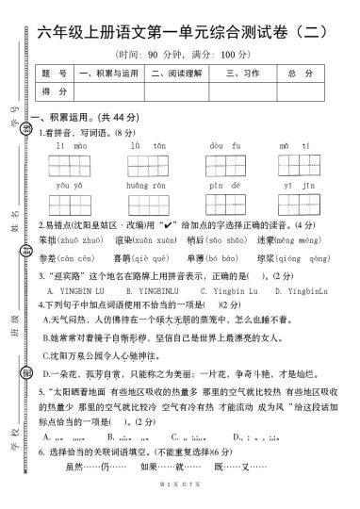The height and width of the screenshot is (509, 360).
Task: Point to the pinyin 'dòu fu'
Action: click(x=219, y=147)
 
